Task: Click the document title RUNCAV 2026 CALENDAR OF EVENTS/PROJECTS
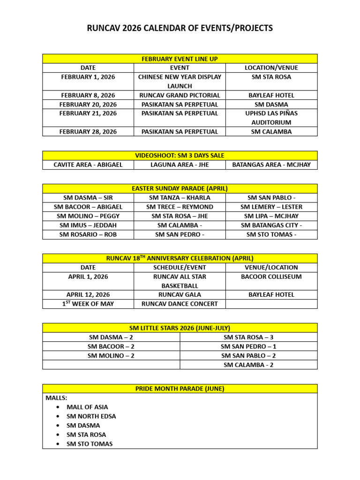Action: tap(180, 29)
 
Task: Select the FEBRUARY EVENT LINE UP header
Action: tap(180, 59)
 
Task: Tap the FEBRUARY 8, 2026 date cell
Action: tap(88, 95)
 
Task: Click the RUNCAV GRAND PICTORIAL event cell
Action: tap(180, 95)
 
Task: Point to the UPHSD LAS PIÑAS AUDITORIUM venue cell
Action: tap(271, 118)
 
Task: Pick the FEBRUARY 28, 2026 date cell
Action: tap(88, 132)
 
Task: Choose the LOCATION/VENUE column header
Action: tap(271, 67)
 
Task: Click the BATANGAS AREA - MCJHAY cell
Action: tap(271, 165)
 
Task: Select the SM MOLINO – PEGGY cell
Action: tap(88, 216)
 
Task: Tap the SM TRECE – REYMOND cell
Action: tap(180, 207)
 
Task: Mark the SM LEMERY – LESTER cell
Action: tap(271, 207)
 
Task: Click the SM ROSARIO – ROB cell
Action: tap(88, 234)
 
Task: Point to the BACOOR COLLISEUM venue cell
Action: tap(271, 277)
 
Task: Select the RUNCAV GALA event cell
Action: tap(180, 294)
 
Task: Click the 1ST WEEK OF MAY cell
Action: tap(88, 304)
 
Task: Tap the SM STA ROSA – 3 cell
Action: tap(248, 337)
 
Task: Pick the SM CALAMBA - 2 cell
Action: tap(248, 365)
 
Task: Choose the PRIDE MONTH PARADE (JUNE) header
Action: tap(180, 389)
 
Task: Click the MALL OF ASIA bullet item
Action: tap(87, 407)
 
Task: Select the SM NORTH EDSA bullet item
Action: tap(91, 416)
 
